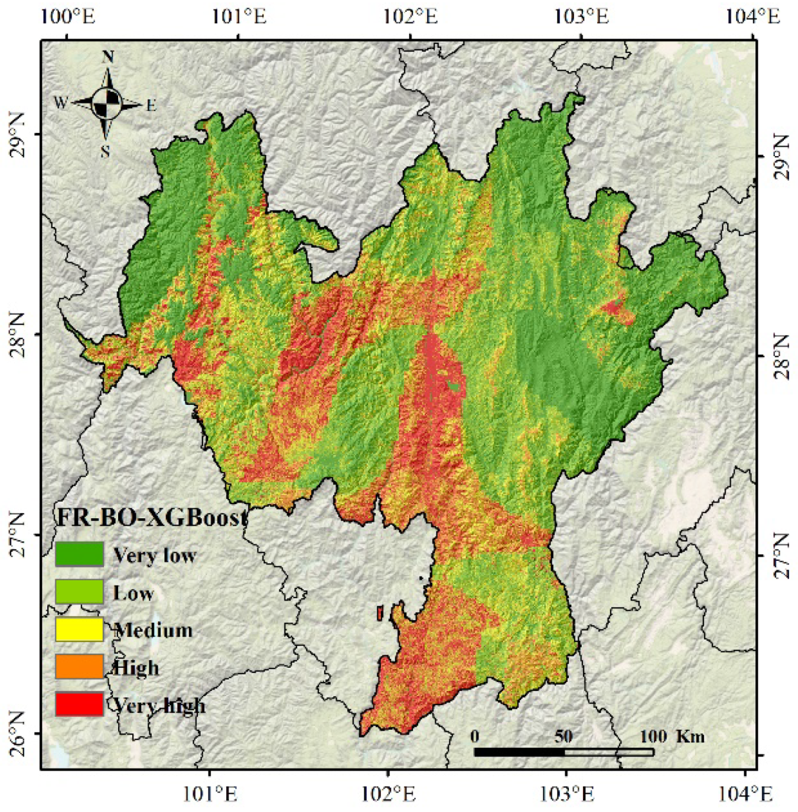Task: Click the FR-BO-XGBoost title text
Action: pos(152,518)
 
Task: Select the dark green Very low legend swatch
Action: pos(79,554)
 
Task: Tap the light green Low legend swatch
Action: pos(79,592)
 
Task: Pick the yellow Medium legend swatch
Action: pos(79,629)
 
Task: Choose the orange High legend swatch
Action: pos(79,667)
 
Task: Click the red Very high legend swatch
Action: pos(79,704)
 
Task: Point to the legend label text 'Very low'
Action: pos(154,556)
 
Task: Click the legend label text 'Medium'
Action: pos(154,630)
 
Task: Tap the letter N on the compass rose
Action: pos(108,57)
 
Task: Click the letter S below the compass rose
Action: pos(105,152)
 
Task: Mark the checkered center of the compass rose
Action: pos(108,103)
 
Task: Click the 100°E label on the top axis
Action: pos(68,16)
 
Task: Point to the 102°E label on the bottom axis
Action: pos(388,794)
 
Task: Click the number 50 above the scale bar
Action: pos(563,736)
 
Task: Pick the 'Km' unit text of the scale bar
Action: pos(690,736)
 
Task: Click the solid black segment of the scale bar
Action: pos(519,752)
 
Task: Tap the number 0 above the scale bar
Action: pos(475,736)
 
